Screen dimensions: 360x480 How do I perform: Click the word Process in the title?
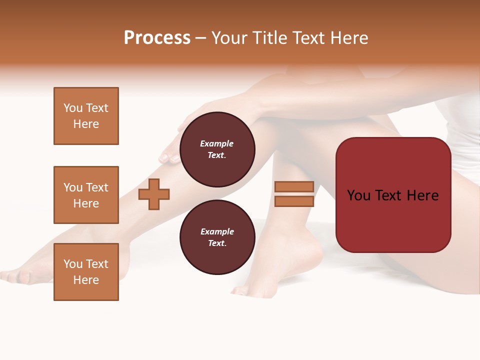click(x=157, y=38)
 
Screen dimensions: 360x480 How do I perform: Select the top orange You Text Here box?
click(x=86, y=116)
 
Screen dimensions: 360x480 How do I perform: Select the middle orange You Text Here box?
click(x=86, y=195)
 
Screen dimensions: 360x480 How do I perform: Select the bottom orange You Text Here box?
click(x=86, y=272)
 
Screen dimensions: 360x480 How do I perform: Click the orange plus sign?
click(x=154, y=194)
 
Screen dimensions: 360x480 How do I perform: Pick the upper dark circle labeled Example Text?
click(x=217, y=149)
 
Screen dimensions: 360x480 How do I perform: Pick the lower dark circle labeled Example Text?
click(x=217, y=237)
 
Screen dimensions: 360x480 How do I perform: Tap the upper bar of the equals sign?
click(x=294, y=186)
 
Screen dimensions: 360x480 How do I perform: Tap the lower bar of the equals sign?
click(x=294, y=201)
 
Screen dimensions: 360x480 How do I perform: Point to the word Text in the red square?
click(x=392, y=195)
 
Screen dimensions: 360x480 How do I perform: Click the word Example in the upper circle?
click(x=217, y=143)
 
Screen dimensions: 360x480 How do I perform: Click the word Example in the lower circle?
click(x=217, y=231)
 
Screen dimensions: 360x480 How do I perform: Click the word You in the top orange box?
click(x=73, y=108)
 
